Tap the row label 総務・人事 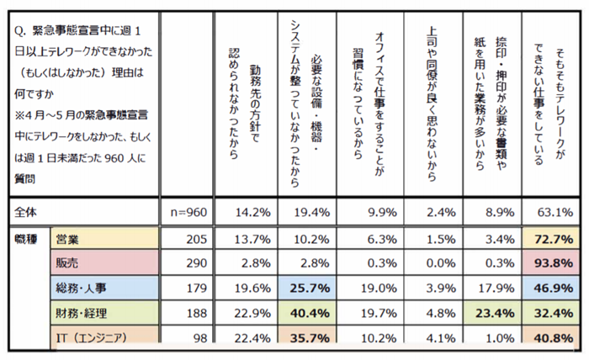(81, 288)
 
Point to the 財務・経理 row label (81, 313)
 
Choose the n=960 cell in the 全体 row (188, 213)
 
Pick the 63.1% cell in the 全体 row (555, 213)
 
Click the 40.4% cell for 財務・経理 (310, 313)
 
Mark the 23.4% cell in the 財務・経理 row (495, 313)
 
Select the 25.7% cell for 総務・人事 (310, 288)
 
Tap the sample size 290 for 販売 (196, 263)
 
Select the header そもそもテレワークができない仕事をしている (549, 105)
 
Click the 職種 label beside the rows (25, 239)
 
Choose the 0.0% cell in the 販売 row (441, 263)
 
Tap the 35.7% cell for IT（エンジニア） (310, 337)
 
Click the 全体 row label (25, 212)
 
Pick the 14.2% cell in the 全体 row (252, 213)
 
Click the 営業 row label (67, 239)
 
